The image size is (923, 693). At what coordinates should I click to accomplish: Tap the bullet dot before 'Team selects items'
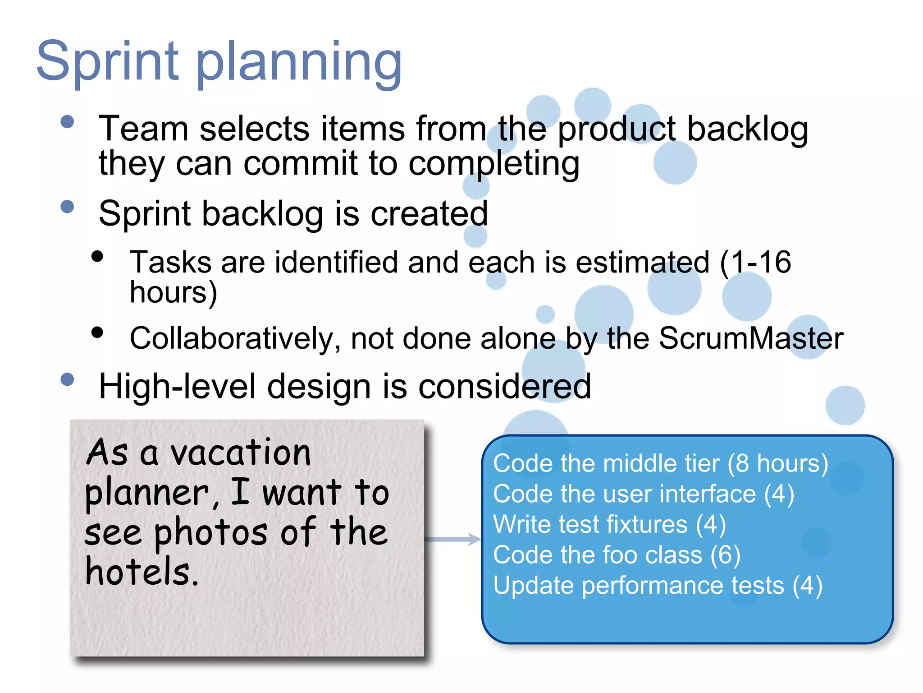pyautogui.click(x=67, y=122)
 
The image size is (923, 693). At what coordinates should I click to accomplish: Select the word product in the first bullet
pyautogui.click(x=617, y=130)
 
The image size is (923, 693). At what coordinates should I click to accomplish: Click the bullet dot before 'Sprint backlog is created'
pyautogui.click(x=67, y=207)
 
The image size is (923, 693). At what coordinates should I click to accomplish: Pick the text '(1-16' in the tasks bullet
pyautogui.click(x=755, y=262)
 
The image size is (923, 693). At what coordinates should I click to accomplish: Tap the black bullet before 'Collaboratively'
pyautogui.click(x=97, y=333)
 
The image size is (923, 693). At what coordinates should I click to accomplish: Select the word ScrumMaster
pyautogui.click(x=751, y=338)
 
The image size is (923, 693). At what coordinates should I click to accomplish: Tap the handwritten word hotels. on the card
pyautogui.click(x=142, y=572)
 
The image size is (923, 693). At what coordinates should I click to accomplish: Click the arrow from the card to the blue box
pyautogui.click(x=452, y=539)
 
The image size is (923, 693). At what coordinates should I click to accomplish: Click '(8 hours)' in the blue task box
pyautogui.click(x=778, y=464)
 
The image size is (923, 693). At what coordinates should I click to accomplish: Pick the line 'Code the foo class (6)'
pyautogui.click(x=617, y=555)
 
